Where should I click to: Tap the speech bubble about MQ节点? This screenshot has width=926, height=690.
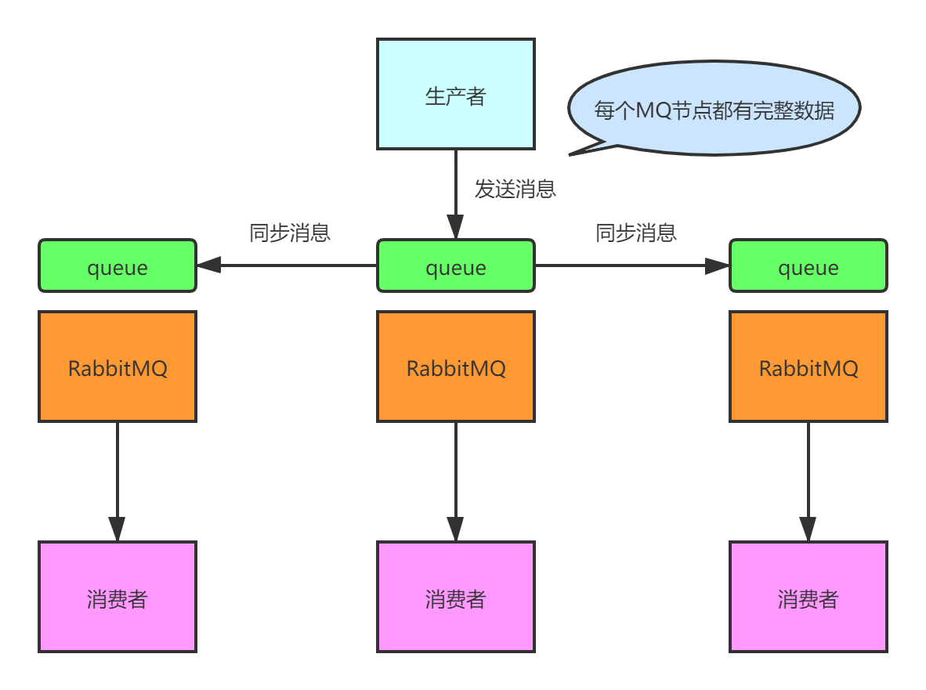click(713, 109)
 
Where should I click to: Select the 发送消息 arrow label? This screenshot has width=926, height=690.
click(515, 189)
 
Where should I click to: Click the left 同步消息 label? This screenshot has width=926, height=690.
click(290, 233)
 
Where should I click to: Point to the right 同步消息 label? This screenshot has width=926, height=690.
click(636, 233)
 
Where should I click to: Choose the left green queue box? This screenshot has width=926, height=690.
click(118, 266)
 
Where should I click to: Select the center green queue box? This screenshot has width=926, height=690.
click(456, 266)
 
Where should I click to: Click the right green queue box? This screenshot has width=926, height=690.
click(808, 266)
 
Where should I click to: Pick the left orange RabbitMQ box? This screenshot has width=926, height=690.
click(118, 367)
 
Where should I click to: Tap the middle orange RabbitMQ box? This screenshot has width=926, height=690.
click(456, 367)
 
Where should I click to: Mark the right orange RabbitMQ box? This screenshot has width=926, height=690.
click(808, 367)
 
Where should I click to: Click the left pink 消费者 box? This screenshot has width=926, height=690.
click(118, 597)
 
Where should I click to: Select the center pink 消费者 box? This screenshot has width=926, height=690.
click(456, 597)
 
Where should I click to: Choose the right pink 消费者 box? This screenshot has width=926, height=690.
click(808, 597)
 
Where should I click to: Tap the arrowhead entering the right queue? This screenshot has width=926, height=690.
click(717, 266)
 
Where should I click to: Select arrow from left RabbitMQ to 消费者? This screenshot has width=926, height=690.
click(118, 478)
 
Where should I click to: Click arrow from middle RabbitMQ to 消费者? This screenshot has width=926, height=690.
click(456, 478)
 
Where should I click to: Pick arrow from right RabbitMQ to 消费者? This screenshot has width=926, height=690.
click(808, 478)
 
